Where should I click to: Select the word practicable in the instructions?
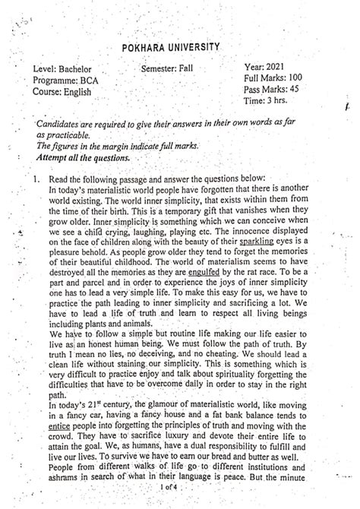pos(65,134)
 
